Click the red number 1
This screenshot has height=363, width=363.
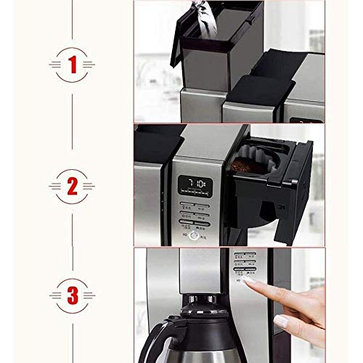pyautogui.click(x=72, y=65)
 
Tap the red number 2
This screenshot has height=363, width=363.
pyautogui.click(x=72, y=187)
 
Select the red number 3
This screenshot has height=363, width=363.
pyautogui.click(x=72, y=296)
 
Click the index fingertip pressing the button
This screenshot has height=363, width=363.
pyautogui.click(x=250, y=280)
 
